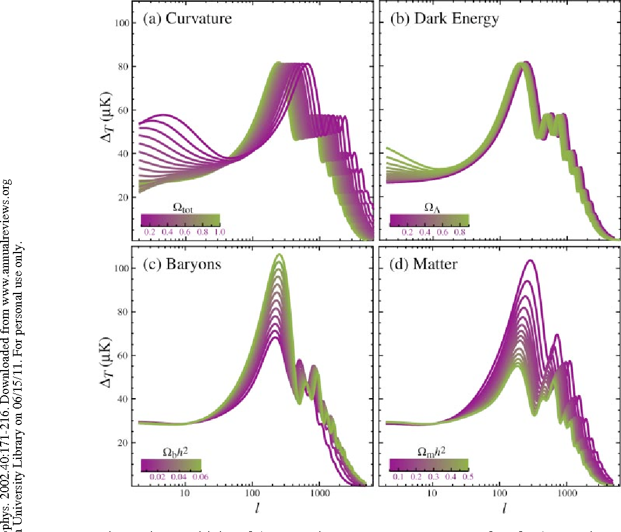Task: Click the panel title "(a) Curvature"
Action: pos(187,19)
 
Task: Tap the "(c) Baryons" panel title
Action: pos(182,264)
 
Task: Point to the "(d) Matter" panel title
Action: pos(424,264)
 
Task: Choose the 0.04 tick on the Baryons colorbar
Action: pos(179,477)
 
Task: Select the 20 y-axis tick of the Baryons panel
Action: pos(123,443)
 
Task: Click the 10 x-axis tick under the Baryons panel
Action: pos(185,494)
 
